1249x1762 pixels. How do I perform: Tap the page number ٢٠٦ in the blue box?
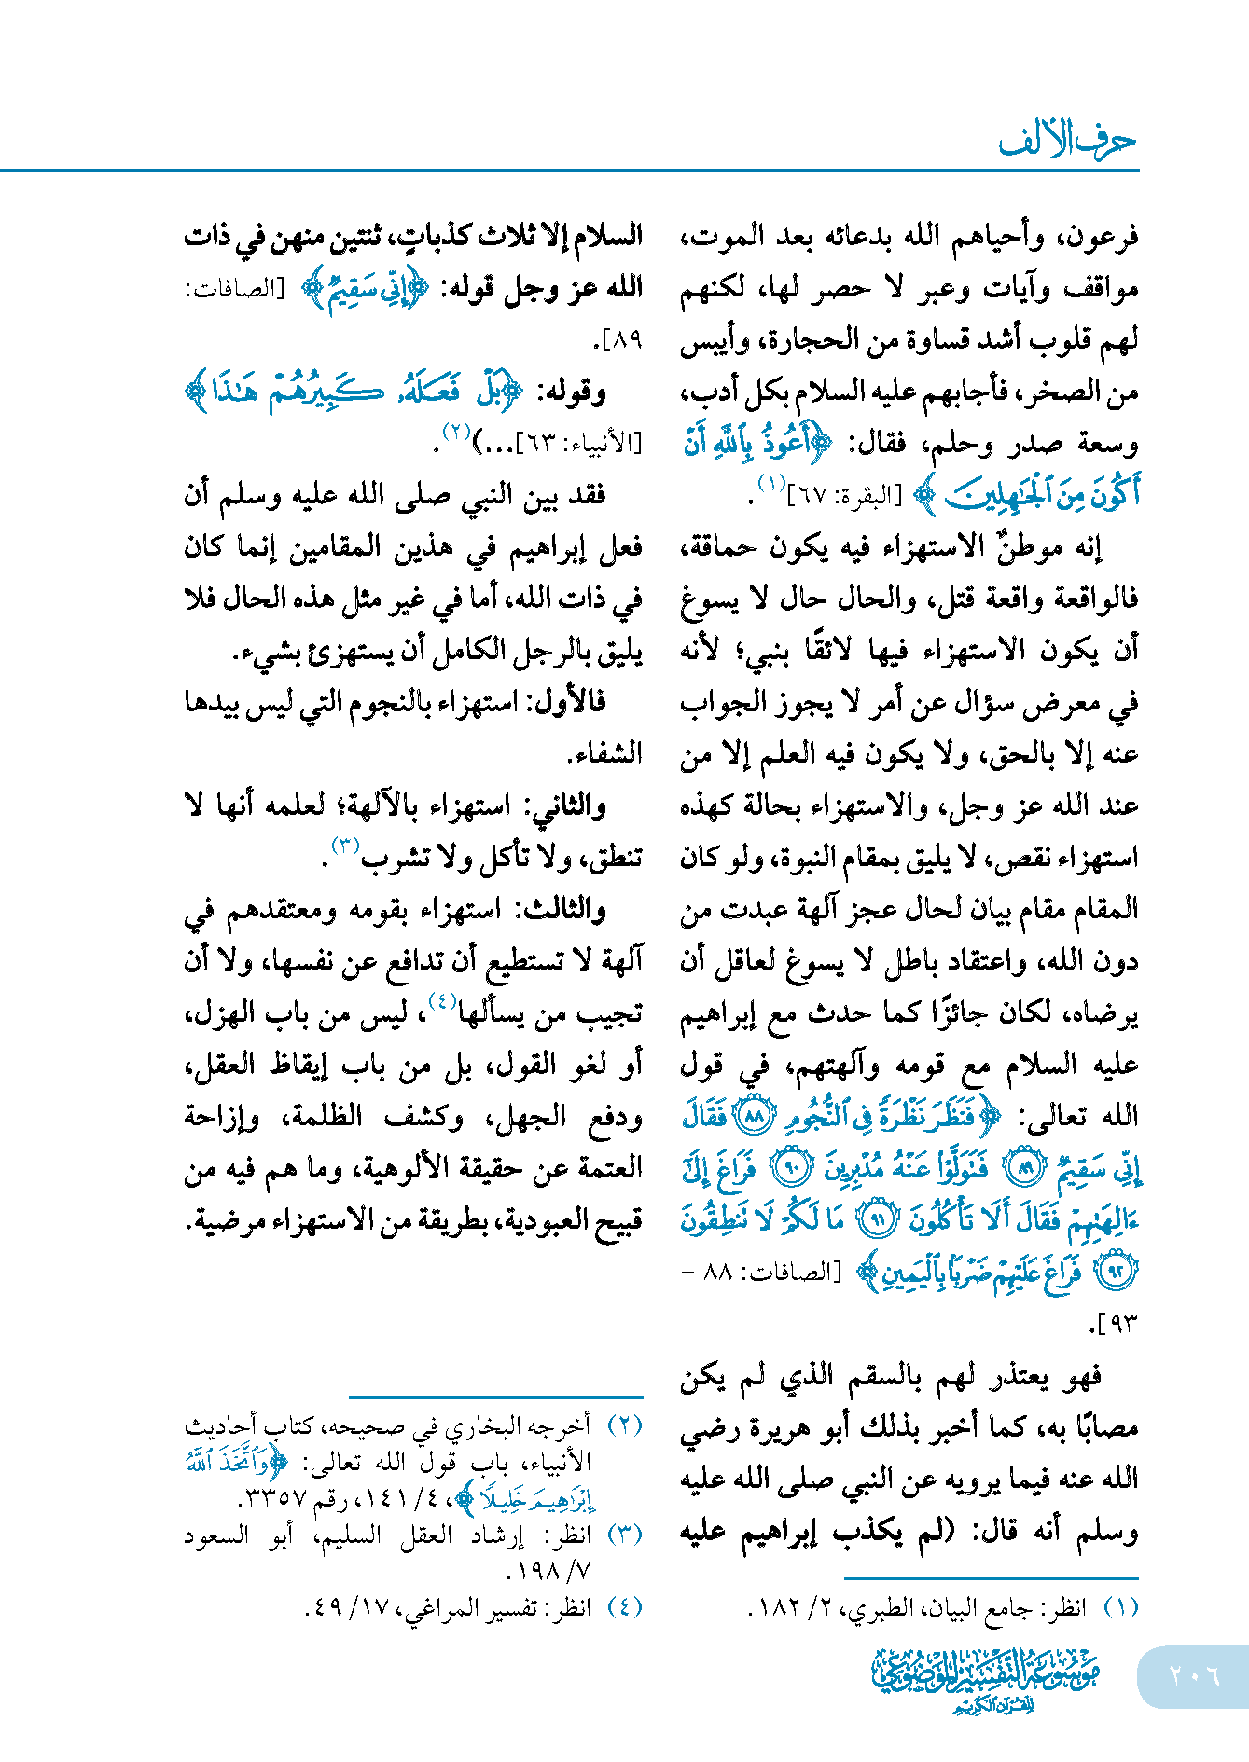1194,1675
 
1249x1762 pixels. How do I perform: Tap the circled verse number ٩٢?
1117,1271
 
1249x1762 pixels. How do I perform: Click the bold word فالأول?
568,702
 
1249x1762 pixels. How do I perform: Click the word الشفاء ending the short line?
605,753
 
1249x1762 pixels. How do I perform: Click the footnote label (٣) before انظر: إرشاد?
625,1535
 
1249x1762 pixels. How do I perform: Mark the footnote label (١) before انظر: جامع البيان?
1121,1608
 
